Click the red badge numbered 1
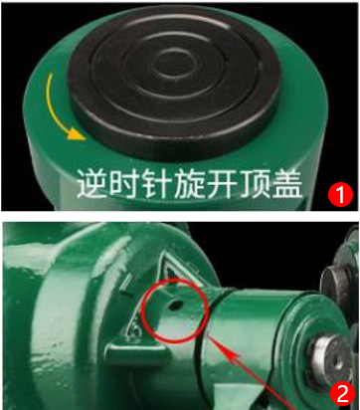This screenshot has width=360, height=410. click(x=338, y=192)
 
